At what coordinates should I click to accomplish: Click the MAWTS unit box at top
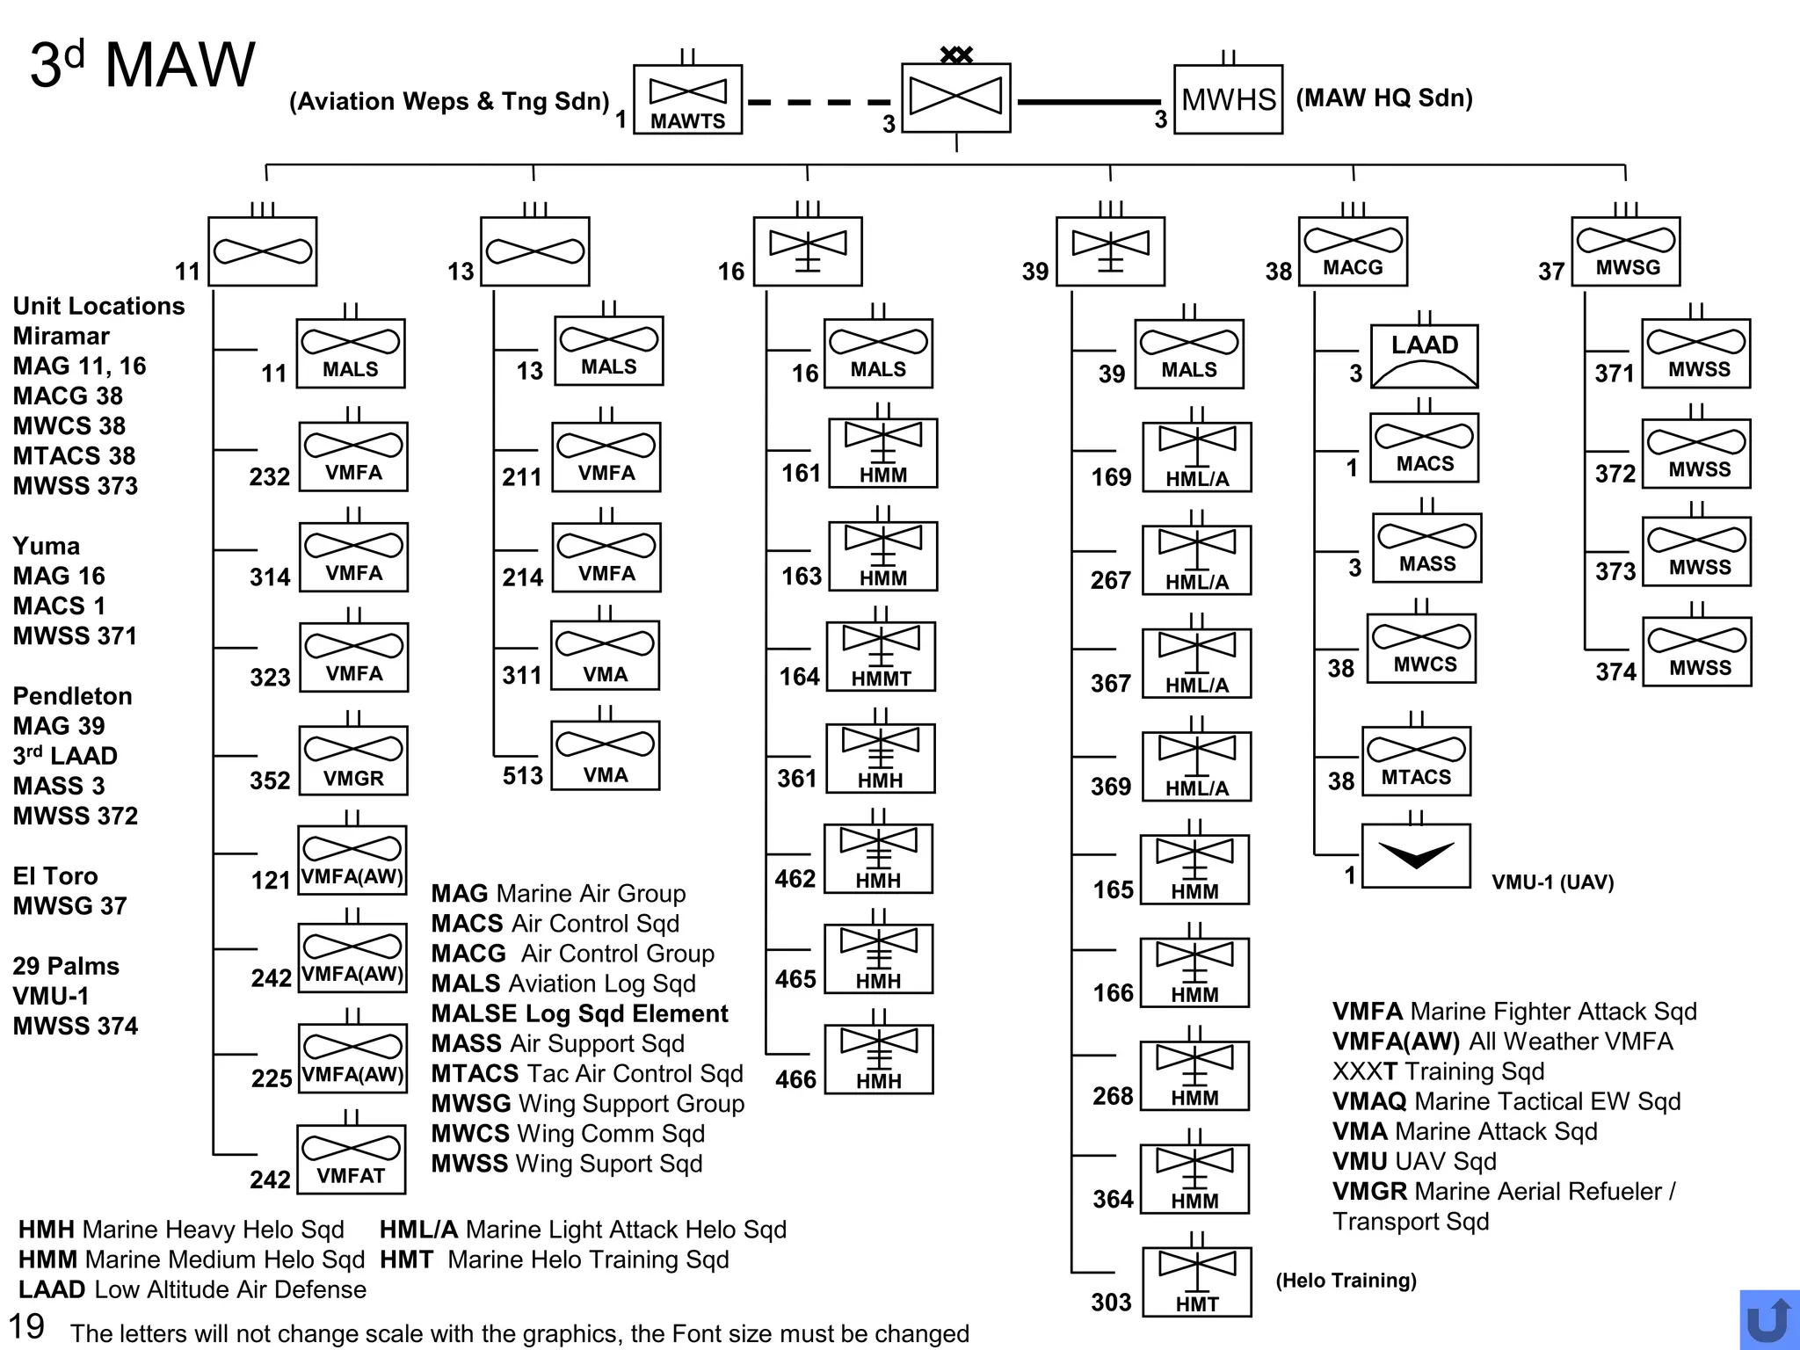point(687,99)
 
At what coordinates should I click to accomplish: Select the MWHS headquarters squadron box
point(1228,99)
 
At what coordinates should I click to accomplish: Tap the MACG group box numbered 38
point(1353,251)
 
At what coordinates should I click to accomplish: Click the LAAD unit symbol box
point(1424,356)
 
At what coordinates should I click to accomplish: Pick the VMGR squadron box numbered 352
point(353,760)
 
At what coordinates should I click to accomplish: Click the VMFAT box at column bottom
point(352,1158)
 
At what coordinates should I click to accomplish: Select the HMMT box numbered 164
point(881,657)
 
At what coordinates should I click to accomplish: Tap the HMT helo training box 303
point(1196,1281)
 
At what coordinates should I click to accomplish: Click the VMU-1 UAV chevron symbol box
point(1415,855)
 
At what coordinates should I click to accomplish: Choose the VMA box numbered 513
point(606,756)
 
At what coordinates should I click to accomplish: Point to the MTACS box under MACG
point(1416,761)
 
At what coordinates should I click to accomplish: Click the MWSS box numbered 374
point(1696,651)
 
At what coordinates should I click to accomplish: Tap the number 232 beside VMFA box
point(269,476)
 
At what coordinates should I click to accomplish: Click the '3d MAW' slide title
point(142,64)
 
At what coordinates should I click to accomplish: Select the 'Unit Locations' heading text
point(98,306)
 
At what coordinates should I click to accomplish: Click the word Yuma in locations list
point(46,546)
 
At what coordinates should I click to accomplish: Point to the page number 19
point(26,1325)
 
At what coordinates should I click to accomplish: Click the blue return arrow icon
point(1768,1319)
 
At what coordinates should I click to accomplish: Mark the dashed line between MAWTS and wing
point(820,102)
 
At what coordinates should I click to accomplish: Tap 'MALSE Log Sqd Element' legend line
point(579,1013)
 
